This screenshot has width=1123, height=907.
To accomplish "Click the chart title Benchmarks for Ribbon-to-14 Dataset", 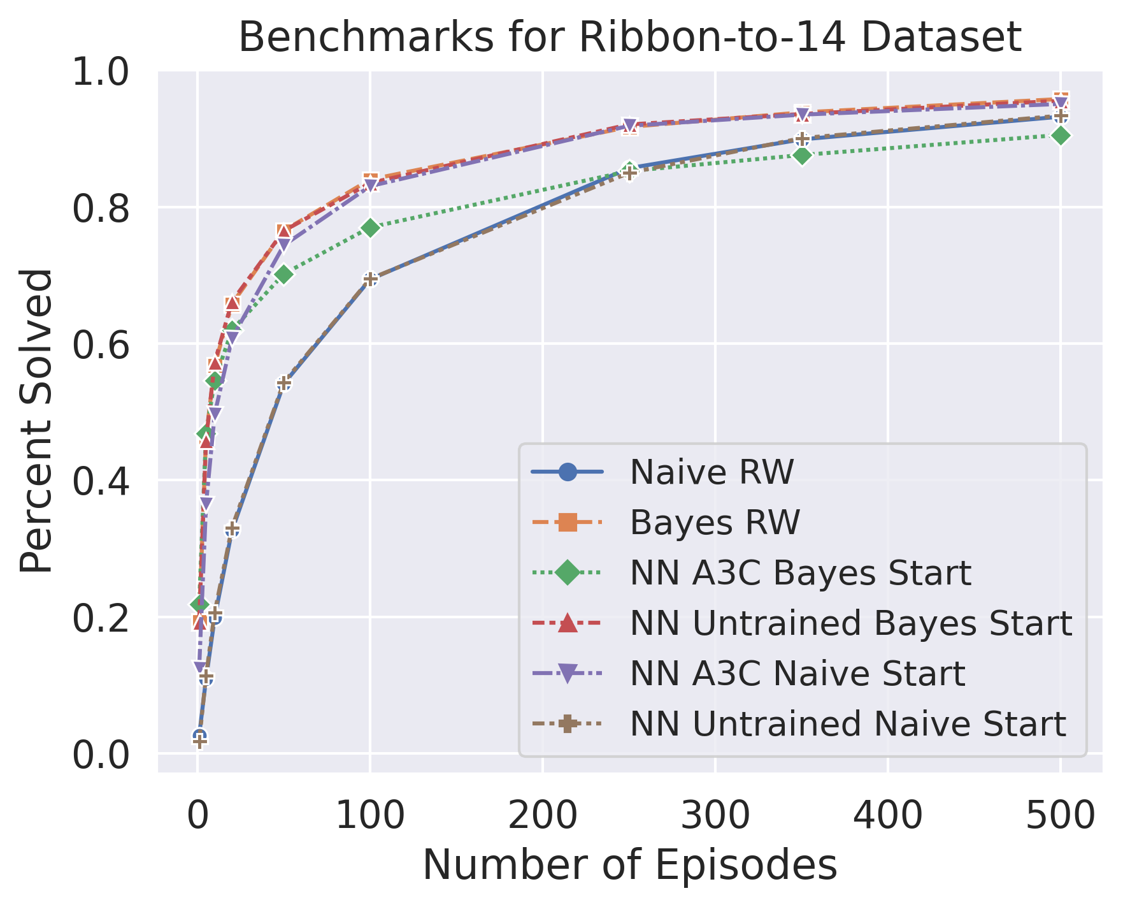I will click(629, 37).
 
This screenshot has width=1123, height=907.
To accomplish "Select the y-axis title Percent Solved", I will click(36, 421).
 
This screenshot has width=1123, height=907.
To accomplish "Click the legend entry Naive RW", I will click(712, 472).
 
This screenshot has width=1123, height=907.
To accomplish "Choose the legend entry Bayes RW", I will click(715, 523).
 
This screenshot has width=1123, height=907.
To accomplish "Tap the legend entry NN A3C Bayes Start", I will click(800, 573).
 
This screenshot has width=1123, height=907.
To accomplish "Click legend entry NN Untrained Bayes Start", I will click(850, 623).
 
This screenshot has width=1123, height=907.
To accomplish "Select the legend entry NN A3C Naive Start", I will click(797, 673).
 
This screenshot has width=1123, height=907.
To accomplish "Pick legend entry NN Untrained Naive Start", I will click(847, 723).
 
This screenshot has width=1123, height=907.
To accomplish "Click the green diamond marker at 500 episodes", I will click(1060, 136).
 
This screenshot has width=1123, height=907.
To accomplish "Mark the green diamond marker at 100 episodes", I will click(371, 228).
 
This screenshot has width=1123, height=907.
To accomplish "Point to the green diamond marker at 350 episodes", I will click(802, 155).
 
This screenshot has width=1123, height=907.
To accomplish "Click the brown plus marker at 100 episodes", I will click(371, 279).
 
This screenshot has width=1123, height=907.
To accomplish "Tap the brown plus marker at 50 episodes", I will click(284, 383).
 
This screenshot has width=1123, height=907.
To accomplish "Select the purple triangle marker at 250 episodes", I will click(629, 126).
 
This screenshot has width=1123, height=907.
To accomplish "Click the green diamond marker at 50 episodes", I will click(284, 275).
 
